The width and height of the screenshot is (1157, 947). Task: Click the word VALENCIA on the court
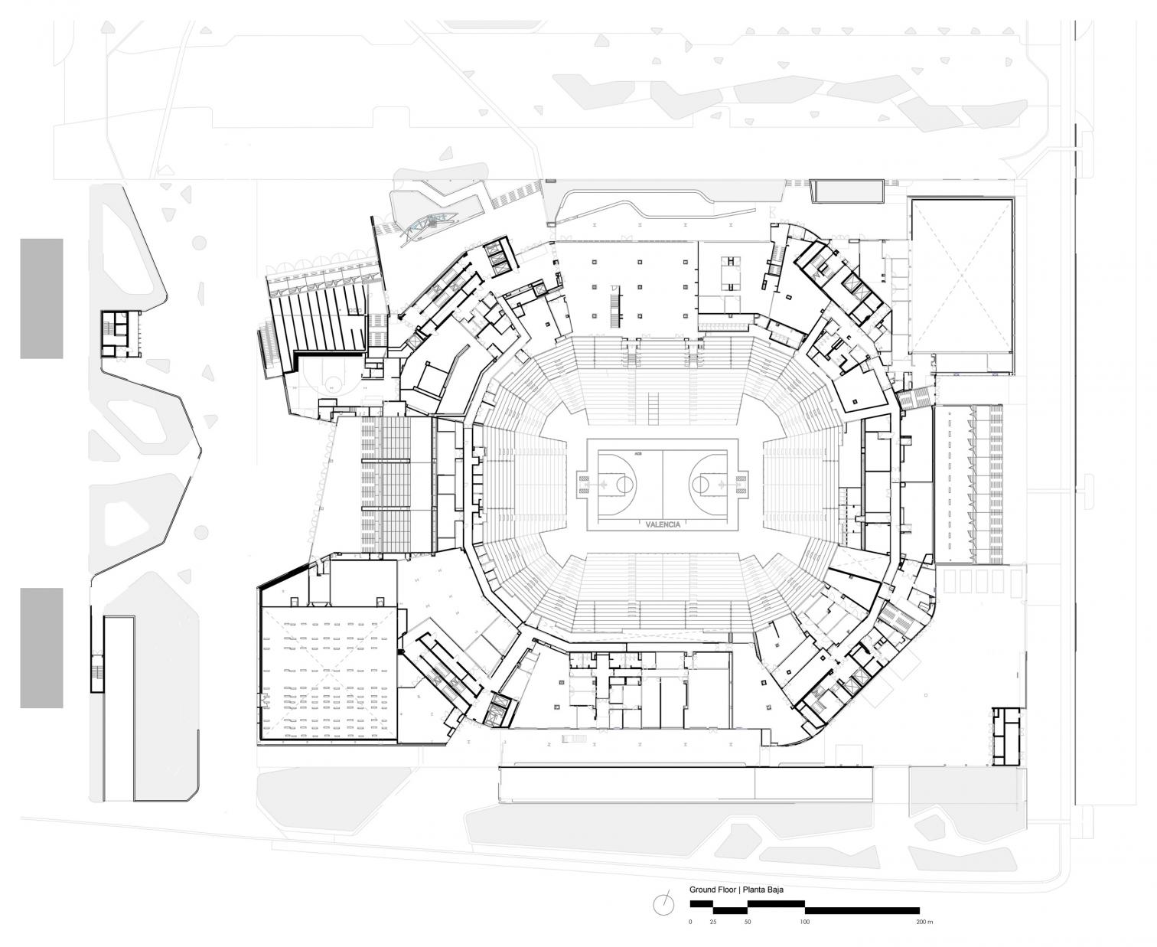(662, 524)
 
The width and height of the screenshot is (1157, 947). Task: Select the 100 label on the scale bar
(804, 922)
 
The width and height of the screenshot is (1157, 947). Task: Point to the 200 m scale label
(924, 922)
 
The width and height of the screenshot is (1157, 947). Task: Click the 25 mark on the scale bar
(713, 922)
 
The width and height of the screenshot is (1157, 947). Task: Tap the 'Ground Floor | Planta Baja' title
(736, 890)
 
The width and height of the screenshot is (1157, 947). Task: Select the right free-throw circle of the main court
(700, 484)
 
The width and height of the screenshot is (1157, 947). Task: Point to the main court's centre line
(663, 484)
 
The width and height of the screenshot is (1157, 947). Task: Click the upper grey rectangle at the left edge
(41, 298)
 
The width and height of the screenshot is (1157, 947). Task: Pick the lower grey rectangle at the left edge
(41, 648)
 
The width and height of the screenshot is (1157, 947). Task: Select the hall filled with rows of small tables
(329, 674)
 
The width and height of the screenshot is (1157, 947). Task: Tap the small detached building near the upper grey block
(121, 334)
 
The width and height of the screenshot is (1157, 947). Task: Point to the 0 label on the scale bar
(690, 922)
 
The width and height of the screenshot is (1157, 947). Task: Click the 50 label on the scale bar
(748, 922)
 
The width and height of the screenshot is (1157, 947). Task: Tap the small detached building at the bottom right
(1007, 736)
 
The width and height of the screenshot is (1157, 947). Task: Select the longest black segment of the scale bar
(862, 910)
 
